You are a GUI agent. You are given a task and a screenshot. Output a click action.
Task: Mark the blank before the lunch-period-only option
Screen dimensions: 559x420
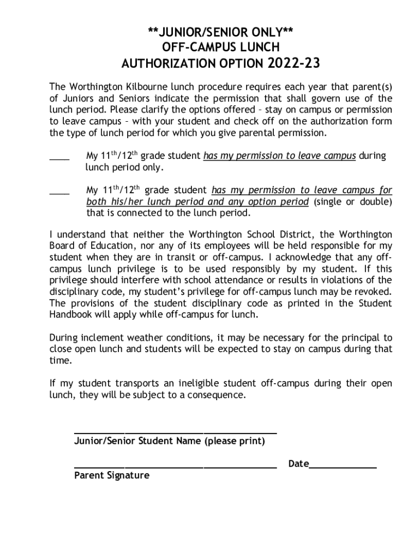(59, 157)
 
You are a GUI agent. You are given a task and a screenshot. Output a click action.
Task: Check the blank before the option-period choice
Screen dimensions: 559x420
(59, 192)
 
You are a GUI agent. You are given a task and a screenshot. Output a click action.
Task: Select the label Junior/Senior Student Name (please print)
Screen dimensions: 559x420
(170, 441)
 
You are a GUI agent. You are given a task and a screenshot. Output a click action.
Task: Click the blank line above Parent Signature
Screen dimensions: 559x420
(175, 466)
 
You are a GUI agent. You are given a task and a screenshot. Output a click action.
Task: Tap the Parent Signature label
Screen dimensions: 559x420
(112, 475)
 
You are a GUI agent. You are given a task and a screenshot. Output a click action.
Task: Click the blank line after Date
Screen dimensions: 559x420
(343, 466)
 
